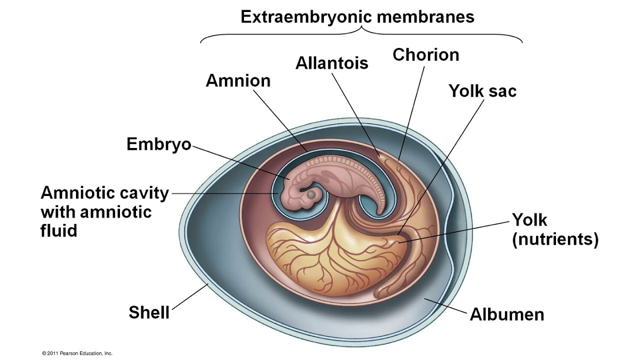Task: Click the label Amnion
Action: pos(238,81)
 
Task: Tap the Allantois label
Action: pos(331,63)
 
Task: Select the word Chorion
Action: pos(425,54)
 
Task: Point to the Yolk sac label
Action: pos(482,91)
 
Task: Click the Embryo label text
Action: pos(158,144)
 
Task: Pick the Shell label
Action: pos(149,312)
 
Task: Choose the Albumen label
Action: pos(507,314)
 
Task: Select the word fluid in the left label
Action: pos(59,230)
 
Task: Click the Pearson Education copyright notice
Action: pos(77,353)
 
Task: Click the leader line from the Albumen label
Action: pos(445,305)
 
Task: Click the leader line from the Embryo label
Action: pos(240,162)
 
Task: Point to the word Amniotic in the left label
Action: pos(74,193)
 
